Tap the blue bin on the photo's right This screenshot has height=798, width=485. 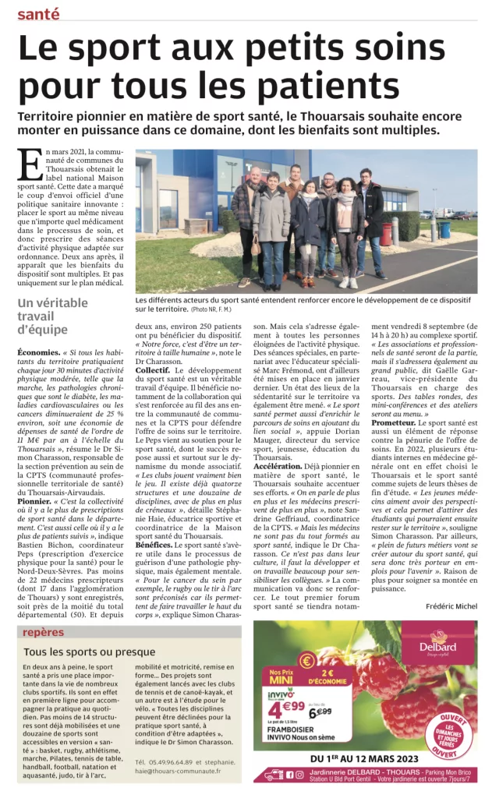(445, 230)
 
